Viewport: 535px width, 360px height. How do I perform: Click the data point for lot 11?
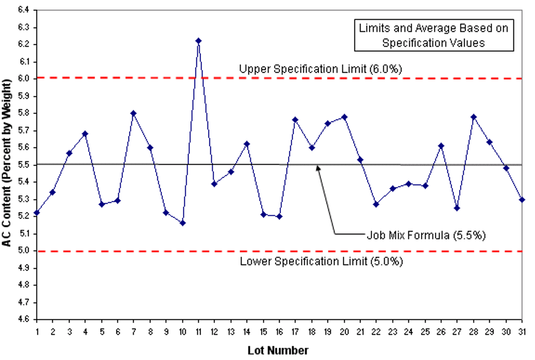tap(199, 41)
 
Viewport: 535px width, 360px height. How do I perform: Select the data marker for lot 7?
tap(134, 113)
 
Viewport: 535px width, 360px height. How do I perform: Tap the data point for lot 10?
tap(183, 223)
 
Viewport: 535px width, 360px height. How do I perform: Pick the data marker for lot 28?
tap(473, 117)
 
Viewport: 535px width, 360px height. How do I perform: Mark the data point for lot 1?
tap(37, 213)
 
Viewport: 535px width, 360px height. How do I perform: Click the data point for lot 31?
tap(522, 200)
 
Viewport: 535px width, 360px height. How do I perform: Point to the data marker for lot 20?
tap(344, 117)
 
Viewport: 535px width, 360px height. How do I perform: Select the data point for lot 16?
tap(279, 216)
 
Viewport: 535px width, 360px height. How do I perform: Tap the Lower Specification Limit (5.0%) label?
tap(321, 261)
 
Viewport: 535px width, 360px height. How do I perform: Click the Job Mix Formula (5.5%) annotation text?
tap(426, 236)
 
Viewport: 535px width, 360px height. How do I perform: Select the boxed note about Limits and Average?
tap(434, 36)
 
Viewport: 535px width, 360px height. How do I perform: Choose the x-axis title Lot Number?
tap(278, 351)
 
